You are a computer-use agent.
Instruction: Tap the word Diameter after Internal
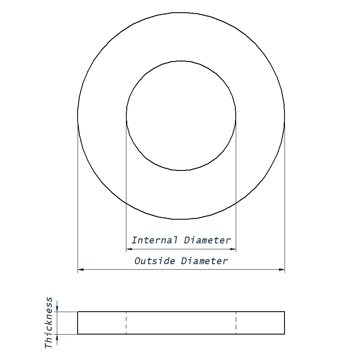click(x=207, y=240)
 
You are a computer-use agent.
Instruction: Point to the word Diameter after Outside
click(x=204, y=261)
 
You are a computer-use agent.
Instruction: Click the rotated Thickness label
click(x=49, y=323)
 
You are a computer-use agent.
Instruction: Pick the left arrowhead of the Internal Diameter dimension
click(x=129, y=249)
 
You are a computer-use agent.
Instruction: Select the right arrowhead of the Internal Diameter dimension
click(x=233, y=249)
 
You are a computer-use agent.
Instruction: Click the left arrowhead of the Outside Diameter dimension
click(x=81, y=269)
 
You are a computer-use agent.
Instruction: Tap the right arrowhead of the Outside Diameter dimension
click(x=282, y=269)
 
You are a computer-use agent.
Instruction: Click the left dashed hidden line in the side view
click(x=126, y=323)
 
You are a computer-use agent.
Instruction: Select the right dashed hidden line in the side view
click(x=236, y=323)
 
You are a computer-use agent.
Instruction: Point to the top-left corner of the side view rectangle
click(x=78, y=312)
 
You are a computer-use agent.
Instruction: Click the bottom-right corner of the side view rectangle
click(x=285, y=334)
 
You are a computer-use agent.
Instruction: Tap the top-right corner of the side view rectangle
click(x=285, y=312)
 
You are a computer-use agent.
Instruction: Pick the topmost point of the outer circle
click(x=181, y=12)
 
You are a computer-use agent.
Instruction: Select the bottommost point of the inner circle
click(x=181, y=170)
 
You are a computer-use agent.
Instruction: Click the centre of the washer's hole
click(x=181, y=116)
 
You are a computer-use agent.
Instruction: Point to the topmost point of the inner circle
click(x=181, y=61)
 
